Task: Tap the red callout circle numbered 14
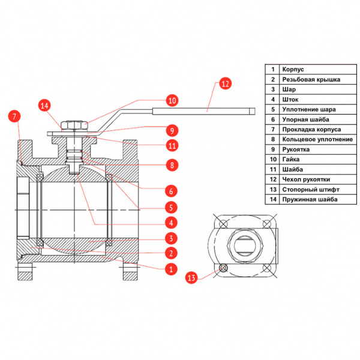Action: tap(46, 106)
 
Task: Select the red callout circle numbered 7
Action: tap(14, 116)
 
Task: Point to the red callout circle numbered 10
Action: tap(172, 100)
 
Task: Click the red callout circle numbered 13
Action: tap(192, 277)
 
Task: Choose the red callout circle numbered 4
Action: tap(171, 223)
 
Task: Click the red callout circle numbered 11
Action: tap(172, 146)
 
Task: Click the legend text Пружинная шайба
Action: tap(310, 199)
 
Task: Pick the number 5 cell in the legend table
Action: tap(272, 109)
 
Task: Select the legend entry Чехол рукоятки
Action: tap(305, 179)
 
